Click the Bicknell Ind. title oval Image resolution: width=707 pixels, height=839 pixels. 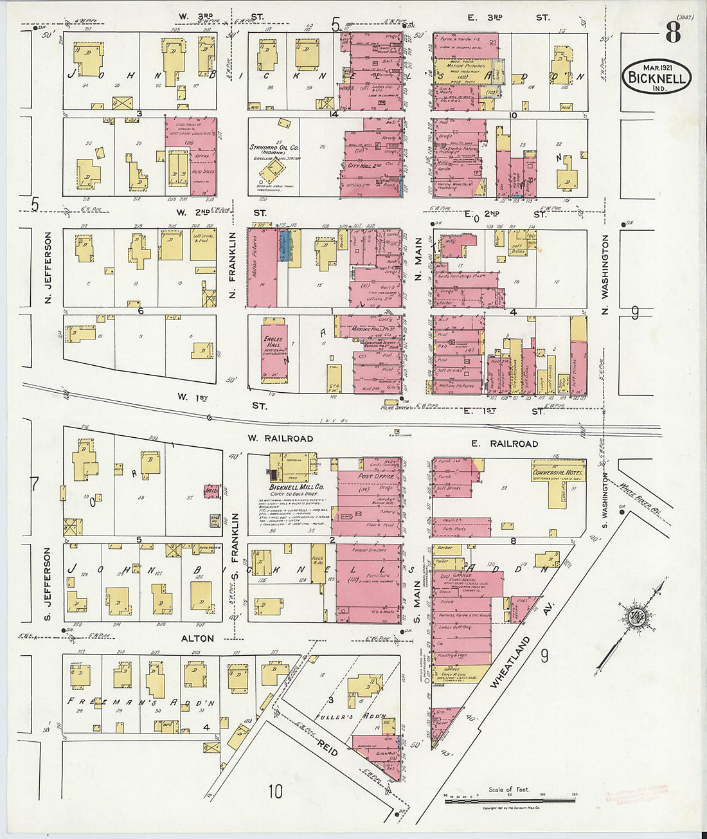click(x=656, y=78)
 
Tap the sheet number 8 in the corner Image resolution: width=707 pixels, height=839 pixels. click(x=672, y=32)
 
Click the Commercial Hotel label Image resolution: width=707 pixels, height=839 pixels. click(x=557, y=473)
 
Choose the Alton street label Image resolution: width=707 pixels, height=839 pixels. click(x=197, y=638)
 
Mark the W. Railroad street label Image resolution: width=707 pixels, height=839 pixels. click(x=280, y=438)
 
